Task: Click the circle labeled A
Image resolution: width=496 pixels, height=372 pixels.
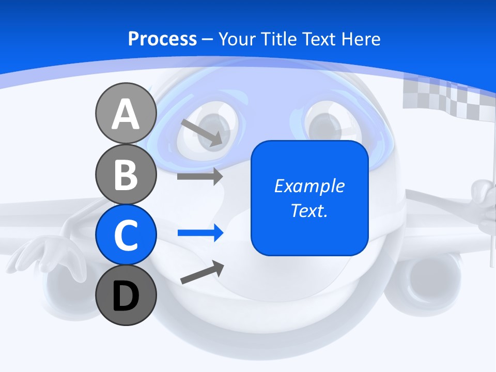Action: click(126, 114)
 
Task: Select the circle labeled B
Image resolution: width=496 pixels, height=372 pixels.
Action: click(126, 174)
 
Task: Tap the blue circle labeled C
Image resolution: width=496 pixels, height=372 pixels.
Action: click(126, 235)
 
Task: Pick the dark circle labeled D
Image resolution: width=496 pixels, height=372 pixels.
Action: click(126, 295)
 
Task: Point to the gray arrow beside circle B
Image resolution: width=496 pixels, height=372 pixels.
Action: click(199, 176)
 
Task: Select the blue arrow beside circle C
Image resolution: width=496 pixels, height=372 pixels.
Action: click(200, 233)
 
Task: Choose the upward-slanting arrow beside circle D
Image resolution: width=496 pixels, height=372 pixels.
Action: click(202, 273)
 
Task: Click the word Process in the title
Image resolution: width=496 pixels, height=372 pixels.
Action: click(162, 39)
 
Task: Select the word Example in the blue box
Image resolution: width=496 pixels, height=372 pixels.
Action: click(309, 186)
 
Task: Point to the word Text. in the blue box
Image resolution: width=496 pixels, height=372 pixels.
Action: click(309, 210)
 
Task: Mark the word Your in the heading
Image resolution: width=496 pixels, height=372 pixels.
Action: click(236, 39)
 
